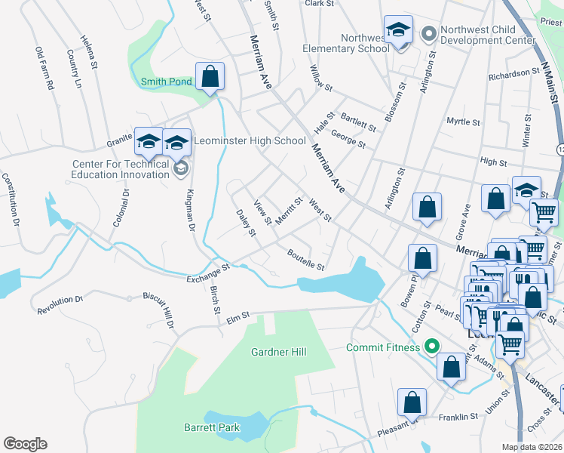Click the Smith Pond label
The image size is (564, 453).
tap(165, 82)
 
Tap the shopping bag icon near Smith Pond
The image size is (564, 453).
tap(210, 77)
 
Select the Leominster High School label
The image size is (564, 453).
tap(250, 140)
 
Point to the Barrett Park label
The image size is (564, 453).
tap(212, 427)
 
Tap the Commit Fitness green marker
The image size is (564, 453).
tap(431, 347)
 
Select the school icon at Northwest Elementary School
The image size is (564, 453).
tap(398, 31)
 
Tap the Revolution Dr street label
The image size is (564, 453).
tap(59, 304)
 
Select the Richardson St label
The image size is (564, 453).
tap(519, 74)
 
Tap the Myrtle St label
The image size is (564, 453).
tap(463, 122)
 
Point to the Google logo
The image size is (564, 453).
tap(25, 444)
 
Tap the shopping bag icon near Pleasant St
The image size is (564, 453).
tap(412, 404)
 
